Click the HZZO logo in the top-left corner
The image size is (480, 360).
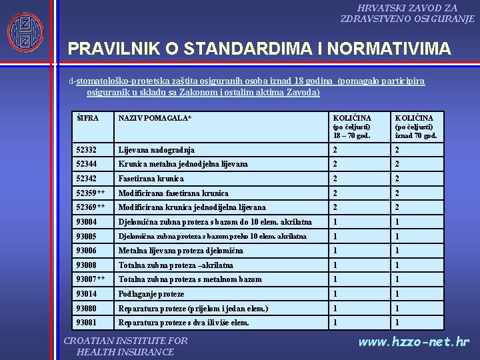pos(25,33)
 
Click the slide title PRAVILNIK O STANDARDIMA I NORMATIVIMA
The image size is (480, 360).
pos(259,49)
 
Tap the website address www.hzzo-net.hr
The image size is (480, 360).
pos(414,343)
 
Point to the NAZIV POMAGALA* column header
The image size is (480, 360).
pos(155,118)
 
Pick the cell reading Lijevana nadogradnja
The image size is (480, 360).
pos(157,151)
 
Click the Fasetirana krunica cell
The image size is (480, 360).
pos(151,179)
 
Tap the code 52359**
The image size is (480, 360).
pos(90,193)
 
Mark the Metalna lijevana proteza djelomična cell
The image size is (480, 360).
pos(181,251)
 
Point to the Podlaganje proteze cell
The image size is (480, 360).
pos(151,294)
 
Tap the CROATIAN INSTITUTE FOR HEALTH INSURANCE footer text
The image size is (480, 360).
pos(125,346)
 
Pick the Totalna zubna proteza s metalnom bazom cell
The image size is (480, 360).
pos(190,279)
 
